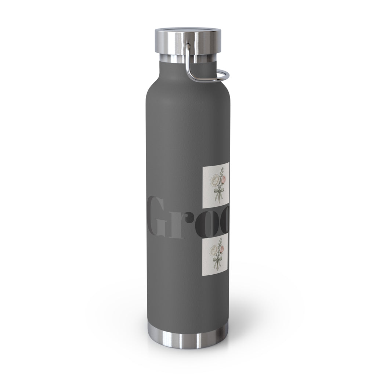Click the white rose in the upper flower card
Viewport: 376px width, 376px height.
[214, 180]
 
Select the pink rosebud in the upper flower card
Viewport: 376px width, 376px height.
[223, 179]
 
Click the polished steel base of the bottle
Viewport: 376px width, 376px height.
[188, 336]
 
